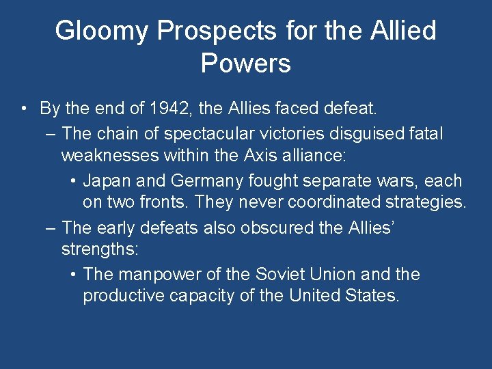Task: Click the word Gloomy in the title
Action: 102,31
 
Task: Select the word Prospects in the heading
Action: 217,31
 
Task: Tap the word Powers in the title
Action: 246,64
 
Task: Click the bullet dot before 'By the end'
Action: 24,109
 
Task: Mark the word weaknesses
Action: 110,156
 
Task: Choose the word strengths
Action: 100,250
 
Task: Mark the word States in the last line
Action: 374,297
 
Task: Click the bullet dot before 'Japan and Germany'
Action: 73,182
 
